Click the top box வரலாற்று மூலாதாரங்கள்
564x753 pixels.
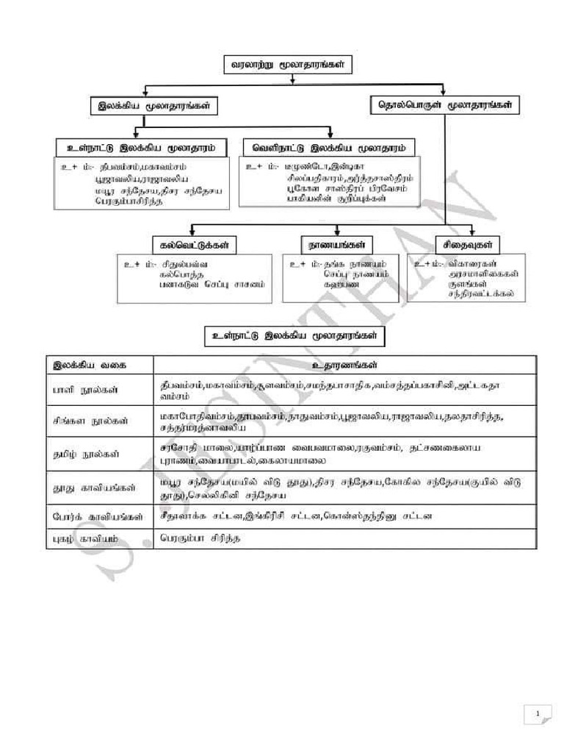tap(287, 65)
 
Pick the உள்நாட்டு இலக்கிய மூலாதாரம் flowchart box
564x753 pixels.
tap(141, 146)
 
